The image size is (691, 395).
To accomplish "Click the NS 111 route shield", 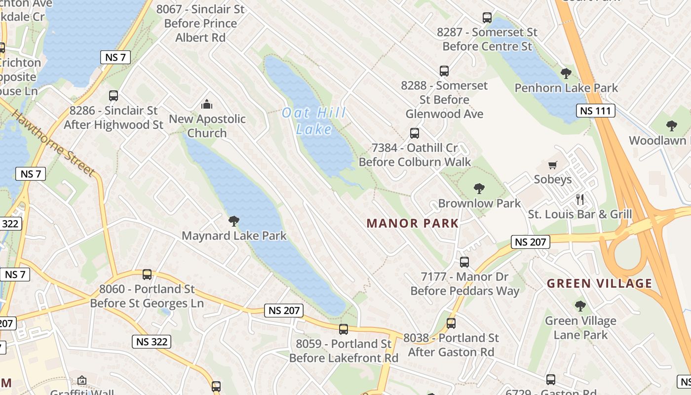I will point(596,111).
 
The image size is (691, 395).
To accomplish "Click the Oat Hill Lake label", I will point(314,121).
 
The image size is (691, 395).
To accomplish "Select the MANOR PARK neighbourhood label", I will point(413,223).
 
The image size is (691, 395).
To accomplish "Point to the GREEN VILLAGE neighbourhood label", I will point(600,283).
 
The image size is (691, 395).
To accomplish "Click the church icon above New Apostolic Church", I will point(207,104).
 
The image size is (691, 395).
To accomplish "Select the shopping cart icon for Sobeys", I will point(553,165).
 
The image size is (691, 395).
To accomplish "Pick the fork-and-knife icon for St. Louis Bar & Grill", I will point(580,199).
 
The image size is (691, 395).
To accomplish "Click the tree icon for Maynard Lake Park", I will point(234,221).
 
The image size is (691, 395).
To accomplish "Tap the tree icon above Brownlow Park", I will point(479,188).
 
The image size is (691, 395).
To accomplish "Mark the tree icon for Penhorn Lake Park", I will point(566,74).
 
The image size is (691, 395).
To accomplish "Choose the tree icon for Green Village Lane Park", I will point(580,306).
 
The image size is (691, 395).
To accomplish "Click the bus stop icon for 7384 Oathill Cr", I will point(415,133).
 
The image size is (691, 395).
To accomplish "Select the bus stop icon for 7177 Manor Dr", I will point(464,262).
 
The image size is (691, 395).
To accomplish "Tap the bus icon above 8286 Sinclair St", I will point(114,96).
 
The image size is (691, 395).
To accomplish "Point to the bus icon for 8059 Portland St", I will point(344,329).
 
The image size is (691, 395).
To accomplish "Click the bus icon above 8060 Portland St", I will point(147,275).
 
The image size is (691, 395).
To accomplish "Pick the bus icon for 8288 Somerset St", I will point(444,71).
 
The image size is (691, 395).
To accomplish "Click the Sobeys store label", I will point(553,179).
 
